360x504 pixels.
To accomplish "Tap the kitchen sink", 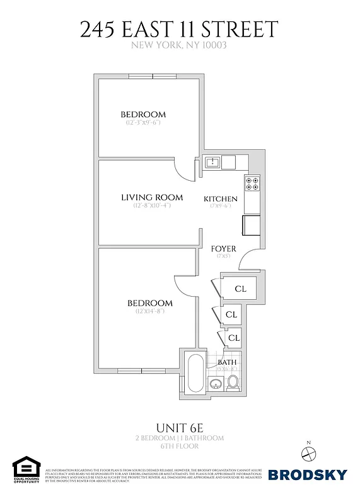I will (x=212, y=163).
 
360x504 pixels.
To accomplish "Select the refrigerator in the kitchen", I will (x=250, y=224).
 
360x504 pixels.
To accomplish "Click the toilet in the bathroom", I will (x=233, y=382).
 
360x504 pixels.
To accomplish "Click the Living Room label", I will (x=151, y=197).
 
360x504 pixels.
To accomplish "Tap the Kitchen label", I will (x=221, y=199).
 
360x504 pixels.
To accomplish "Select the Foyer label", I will (x=223, y=249).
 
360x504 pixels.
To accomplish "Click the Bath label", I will (x=227, y=362).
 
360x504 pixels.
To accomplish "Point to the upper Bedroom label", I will (x=143, y=114).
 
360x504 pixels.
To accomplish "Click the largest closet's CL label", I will (x=240, y=290).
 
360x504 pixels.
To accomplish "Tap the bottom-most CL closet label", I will (x=234, y=338).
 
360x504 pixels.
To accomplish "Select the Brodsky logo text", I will (x=308, y=474).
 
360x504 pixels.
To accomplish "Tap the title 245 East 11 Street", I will (x=180, y=29).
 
